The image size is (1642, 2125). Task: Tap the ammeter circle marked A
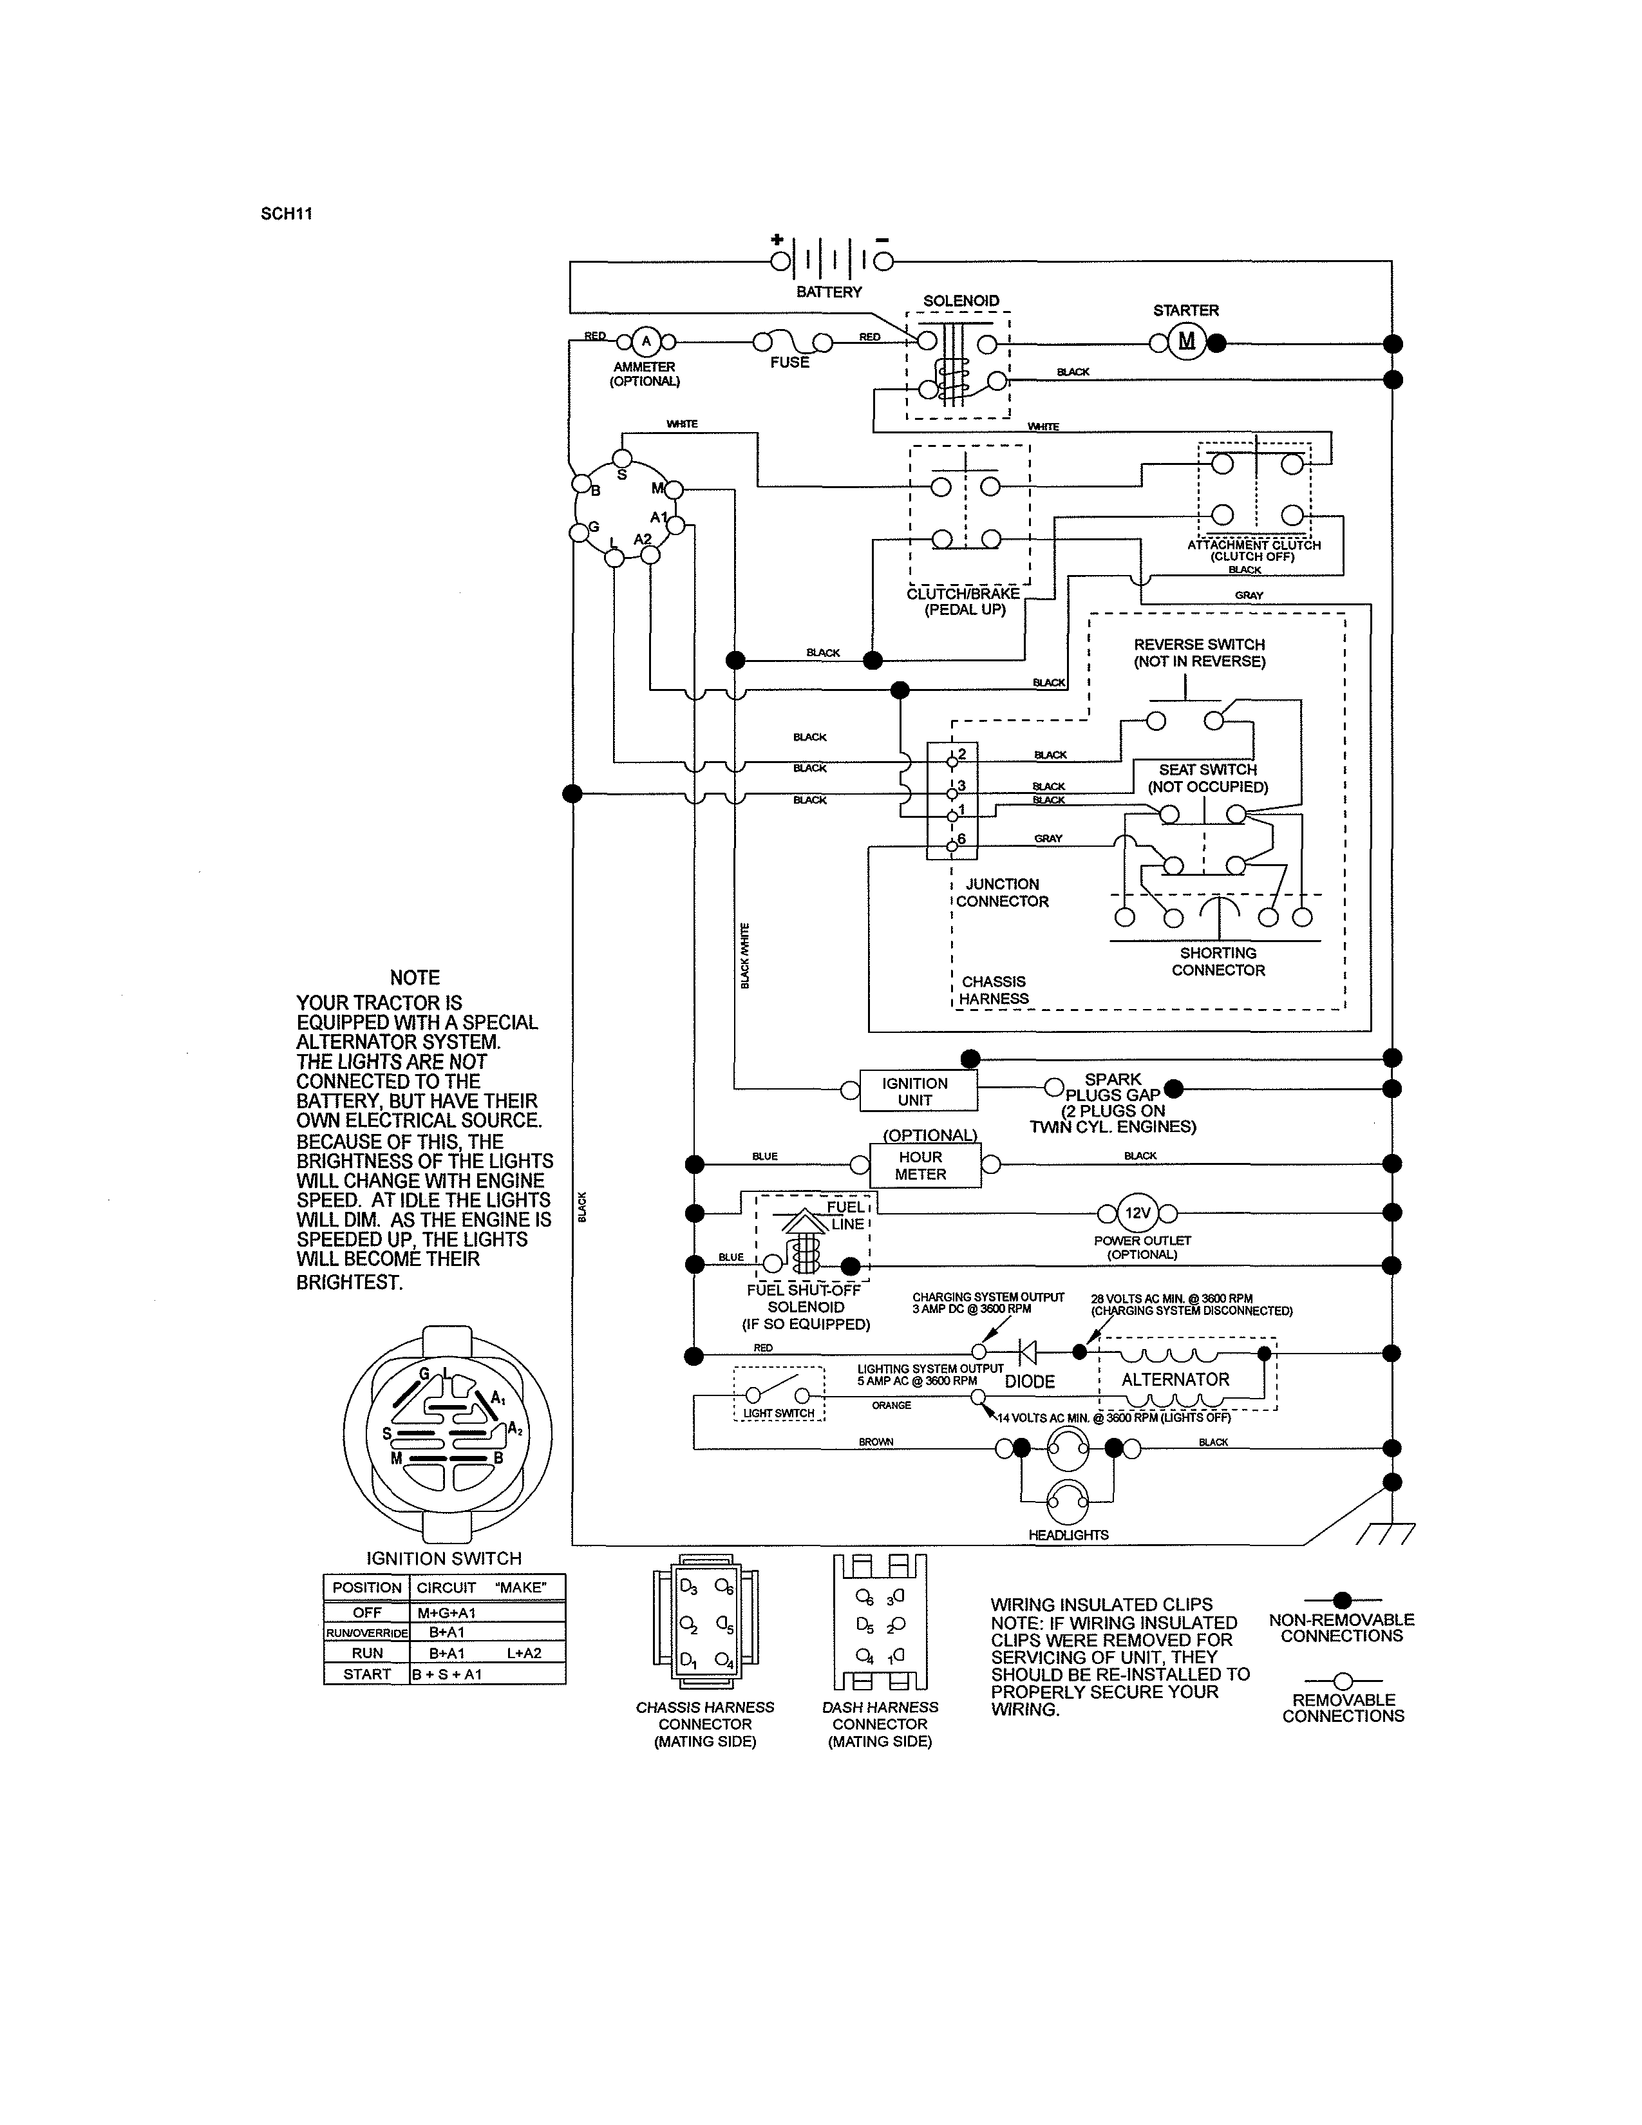click(x=645, y=341)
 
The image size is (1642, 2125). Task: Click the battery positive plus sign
click(x=777, y=240)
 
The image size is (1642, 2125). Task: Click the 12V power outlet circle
click(x=1137, y=1213)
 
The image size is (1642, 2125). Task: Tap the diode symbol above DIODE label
click(x=1026, y=1352)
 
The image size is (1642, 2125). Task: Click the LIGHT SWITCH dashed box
click(x=779, y=1393)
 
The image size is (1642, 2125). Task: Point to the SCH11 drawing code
click(x=286, y=214)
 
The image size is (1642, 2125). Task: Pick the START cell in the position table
click(x=367, y=1674)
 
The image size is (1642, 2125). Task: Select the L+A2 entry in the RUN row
click(x=524, y=1652)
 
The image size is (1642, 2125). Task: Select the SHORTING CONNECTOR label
click(x=1218, y=961)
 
